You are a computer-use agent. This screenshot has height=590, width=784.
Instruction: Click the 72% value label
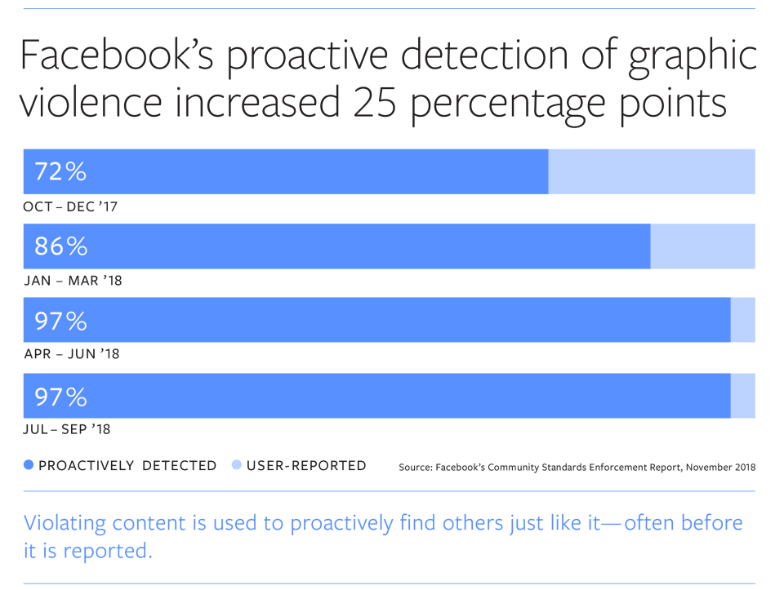pyautogui.click(x=60, y=171)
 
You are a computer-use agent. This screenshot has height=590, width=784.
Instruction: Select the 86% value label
pyautogui.click(x=60, y=246)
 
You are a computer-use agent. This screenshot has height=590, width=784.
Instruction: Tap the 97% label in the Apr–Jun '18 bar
pyautogui.click(x=60, y=321)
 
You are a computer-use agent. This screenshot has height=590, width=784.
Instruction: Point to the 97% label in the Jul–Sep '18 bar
pyautogui.click(x=60, y=397)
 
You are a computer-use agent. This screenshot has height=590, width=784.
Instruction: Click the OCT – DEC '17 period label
pyautogui.click(x=70, y=207)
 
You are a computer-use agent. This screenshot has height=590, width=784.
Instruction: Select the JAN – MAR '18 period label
pyautogui.click(x=73, y=282)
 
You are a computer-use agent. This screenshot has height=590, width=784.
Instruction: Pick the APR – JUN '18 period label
pyautogui.click(x=71, y=355)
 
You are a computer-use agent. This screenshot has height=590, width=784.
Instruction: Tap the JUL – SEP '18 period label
pyautogui.click(x=67, y=429)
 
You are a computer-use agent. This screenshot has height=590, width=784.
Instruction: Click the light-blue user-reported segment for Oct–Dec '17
pyautogui.click(x=651, y=171)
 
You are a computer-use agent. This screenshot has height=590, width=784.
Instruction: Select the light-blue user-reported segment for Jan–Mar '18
pyautogui.click(x=702, y=246)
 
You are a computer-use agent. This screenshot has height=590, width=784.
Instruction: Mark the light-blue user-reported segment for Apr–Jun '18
pyautogui.click(x=742, y=321)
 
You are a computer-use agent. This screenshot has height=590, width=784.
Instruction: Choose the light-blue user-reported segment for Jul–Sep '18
pyautogui.click(x=742, y=397)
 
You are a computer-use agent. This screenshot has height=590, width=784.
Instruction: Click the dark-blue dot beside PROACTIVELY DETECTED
pyautogui.click(x=29, y=466)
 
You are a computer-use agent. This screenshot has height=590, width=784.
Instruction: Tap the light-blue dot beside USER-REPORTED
pyautogui.click(x=237, y=466)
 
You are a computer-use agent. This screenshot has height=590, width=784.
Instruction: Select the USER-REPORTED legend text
pyautogui.click(x=306, y=466)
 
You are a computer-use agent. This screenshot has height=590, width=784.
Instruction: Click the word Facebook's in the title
pyautogui.click(x=114, y=57)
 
